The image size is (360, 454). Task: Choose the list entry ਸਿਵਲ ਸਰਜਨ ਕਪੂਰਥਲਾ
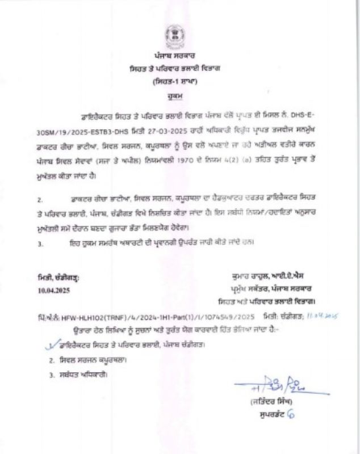91,360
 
